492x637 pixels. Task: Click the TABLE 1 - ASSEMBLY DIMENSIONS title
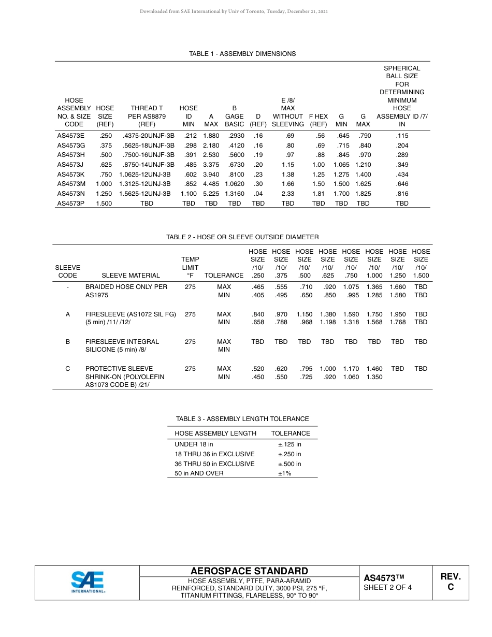point(242,54)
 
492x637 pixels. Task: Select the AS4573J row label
point(70,165)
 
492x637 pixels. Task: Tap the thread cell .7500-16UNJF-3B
point(147,155)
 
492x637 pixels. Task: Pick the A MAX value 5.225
point(211,194)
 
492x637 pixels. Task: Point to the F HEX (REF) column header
point(318,121)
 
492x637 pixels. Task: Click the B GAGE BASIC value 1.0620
point(234,184)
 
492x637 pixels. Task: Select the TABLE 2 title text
point(242,237)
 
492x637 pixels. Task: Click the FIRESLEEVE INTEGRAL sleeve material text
point(122,342)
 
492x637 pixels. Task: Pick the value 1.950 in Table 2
point(397,314)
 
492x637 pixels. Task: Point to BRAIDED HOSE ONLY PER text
point(126,287)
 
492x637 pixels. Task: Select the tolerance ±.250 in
point(290,454)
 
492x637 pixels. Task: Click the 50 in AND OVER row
point(199,473)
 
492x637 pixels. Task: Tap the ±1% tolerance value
point(284,473)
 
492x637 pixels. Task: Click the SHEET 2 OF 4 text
point(387,587)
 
